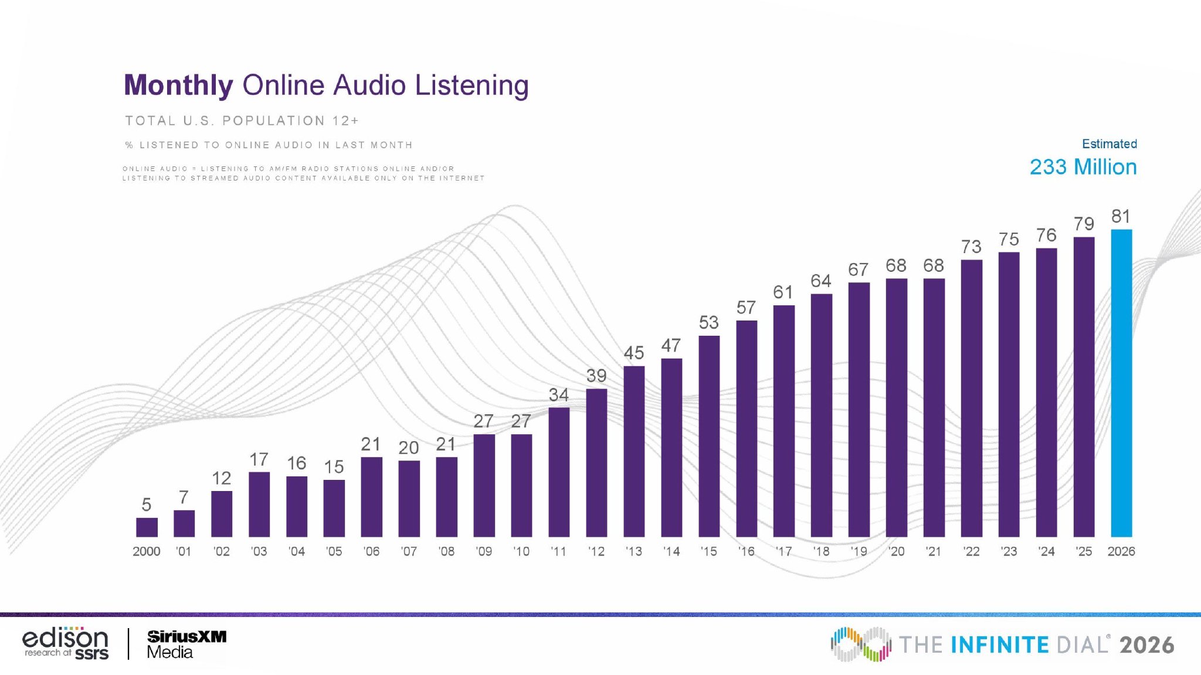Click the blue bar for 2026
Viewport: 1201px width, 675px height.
(1121, 383)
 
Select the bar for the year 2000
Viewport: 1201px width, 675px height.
(147, 527)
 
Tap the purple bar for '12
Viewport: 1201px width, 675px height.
(596, 463)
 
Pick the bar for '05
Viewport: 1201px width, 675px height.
(334, 509)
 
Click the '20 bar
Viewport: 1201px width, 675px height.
(897, 408)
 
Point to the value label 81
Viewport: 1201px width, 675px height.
(1121, 216)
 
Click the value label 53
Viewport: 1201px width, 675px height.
(708, 322)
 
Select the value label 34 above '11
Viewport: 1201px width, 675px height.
(558, 395)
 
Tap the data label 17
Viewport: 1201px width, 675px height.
(259, 459)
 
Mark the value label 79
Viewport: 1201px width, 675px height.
(1084, 224)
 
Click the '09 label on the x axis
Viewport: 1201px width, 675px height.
(484, 551)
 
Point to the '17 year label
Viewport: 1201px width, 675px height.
(783, 551)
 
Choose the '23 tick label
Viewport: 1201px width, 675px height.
(1009, 551)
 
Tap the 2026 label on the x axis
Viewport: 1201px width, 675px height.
(1121, 551)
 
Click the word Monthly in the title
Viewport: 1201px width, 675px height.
(179, 86)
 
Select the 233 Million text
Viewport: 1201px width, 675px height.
(1083, 167)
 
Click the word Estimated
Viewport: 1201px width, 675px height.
(1110, 144)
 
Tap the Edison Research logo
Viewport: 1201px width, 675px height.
(66, 643)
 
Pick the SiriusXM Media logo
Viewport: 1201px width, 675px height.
(186, 645)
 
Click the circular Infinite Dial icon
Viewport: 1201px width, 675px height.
(861, 645)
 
